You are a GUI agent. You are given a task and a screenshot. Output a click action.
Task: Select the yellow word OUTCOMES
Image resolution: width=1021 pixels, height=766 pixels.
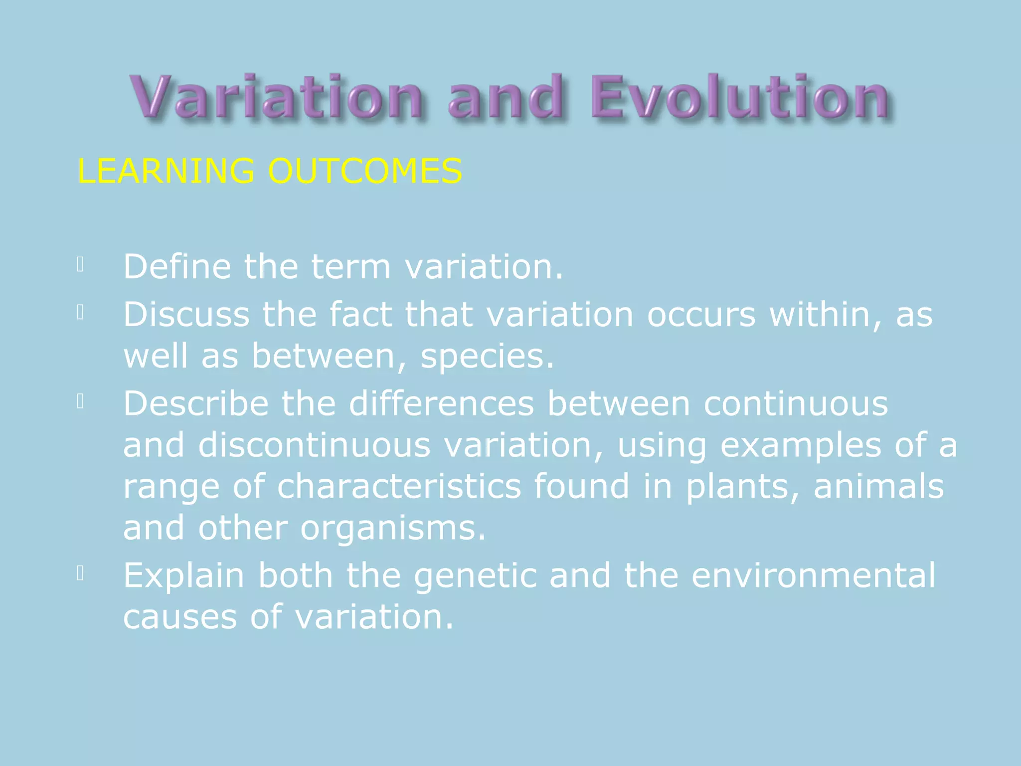365,171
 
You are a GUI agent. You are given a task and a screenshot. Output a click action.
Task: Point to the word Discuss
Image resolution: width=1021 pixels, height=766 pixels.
186,315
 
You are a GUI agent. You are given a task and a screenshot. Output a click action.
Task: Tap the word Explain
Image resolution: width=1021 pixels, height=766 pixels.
183,575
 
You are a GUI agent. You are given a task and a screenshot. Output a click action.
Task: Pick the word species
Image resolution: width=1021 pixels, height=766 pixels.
487,357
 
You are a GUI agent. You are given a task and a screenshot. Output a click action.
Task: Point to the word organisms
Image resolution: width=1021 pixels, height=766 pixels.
393,529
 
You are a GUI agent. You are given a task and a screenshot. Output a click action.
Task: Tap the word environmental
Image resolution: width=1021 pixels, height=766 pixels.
814,575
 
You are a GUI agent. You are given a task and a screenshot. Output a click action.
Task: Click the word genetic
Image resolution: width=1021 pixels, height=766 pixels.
475,576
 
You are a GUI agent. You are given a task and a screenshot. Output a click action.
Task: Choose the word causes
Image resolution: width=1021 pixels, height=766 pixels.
180,617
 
